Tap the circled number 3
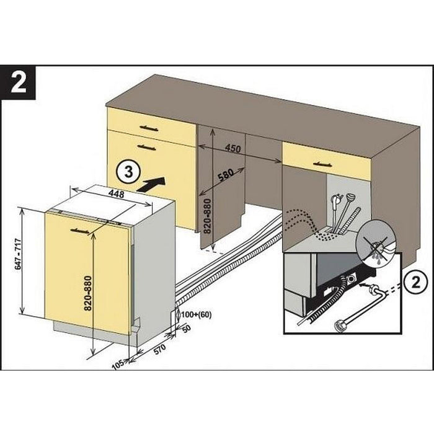[x=126, y=172]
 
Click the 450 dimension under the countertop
[x=232, y=149]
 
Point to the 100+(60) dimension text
[x=197, y=314]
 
